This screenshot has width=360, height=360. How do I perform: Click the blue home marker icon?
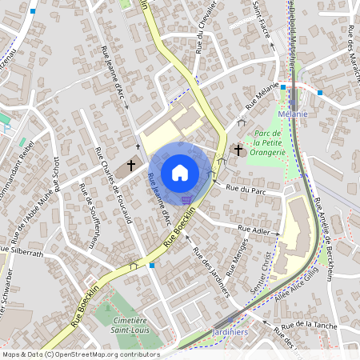(180, 172)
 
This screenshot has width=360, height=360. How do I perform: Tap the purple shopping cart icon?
(186, 200)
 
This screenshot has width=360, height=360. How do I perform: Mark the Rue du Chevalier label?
(202, 46)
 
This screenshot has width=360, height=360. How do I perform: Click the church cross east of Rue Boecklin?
(238, 150)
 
